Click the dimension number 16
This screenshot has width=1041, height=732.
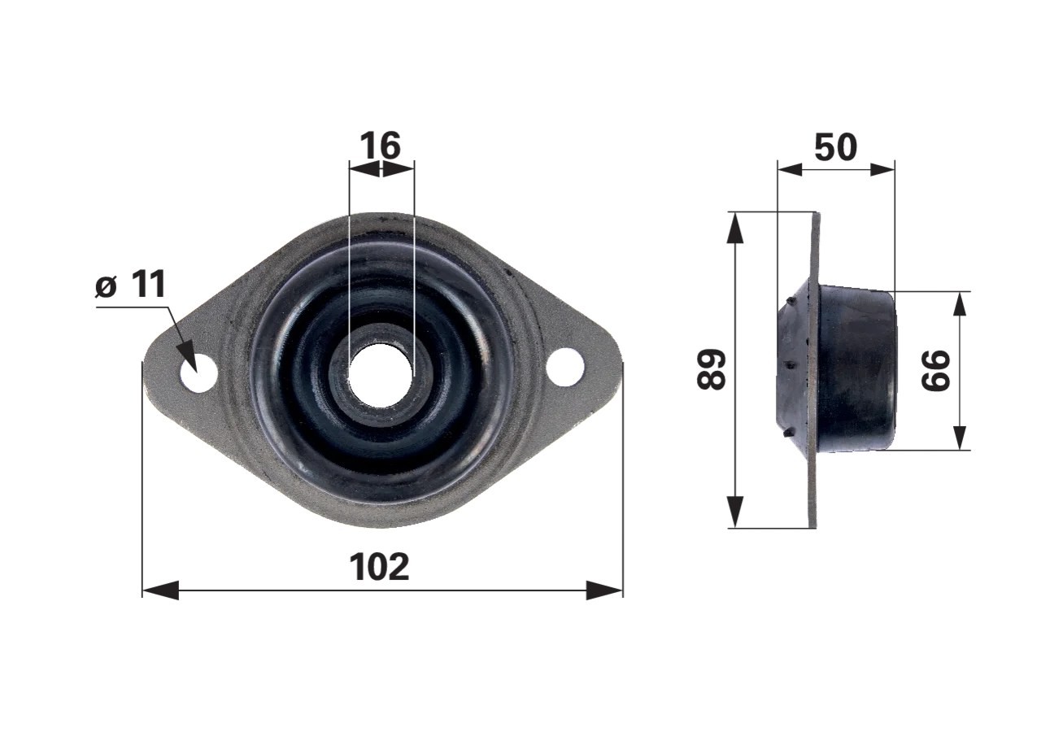[x=380, y=146]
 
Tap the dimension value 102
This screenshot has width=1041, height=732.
[x=379, y=567]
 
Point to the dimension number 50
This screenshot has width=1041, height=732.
[x=835, y=147]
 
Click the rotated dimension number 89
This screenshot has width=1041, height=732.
[x=712, y=369]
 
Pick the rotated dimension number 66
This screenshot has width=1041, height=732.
[x=935, y=370]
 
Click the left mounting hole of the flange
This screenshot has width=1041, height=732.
[x=199, y=373]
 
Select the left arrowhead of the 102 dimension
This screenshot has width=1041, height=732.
[x=160, y=590]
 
